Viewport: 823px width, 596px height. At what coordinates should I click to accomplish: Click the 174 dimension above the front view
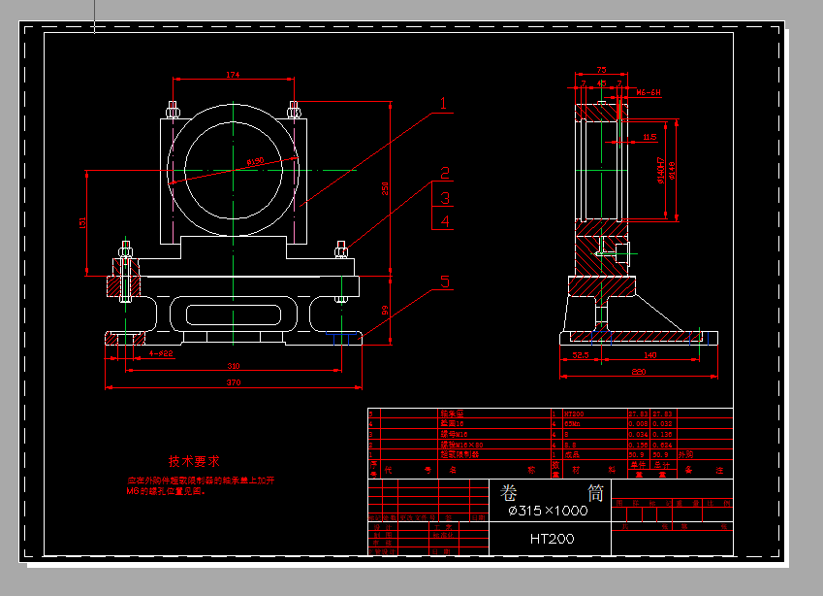(x=233, y=75)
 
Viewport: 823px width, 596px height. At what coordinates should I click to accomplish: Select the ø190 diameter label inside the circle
(x=255, y=162)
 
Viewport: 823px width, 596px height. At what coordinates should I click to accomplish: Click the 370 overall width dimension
(x=233, y=384)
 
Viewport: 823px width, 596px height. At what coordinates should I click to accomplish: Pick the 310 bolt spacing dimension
(x=233, y=366)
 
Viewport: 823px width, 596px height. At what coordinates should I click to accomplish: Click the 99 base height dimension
(x=385, y=310)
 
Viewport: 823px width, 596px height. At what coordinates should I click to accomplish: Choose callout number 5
(x=445, y=282)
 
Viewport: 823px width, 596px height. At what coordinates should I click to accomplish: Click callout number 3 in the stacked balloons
(x=444, y=198)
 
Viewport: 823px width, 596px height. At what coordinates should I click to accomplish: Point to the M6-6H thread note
(x=648, y=92)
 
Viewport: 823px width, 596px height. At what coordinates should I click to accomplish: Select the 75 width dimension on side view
(x=601, y=70)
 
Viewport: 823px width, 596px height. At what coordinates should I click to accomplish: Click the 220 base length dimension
(x=638, y=372)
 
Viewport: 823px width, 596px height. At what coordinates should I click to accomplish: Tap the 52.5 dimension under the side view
(x=581, y=356)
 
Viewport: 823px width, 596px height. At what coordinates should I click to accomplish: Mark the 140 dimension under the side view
(x=650, y=356)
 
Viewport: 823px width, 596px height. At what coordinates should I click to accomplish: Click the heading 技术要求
(x=194, y=462)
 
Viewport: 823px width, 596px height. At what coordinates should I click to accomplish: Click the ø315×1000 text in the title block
(x=549, y=511)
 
